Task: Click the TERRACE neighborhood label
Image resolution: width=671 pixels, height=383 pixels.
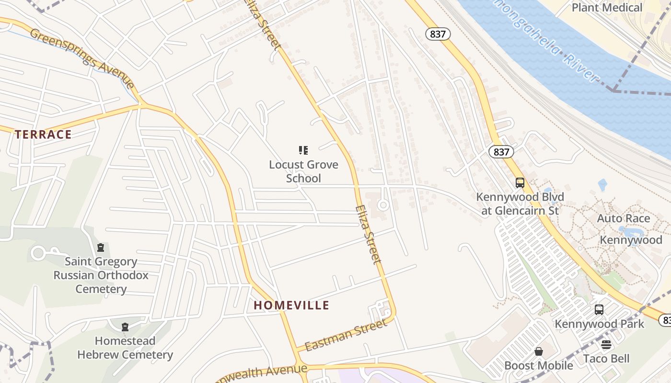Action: (x=43, y=135)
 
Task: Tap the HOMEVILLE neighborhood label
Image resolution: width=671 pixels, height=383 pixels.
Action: (x=291, y=305)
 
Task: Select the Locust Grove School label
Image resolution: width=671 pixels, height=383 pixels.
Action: (x=303, y=171)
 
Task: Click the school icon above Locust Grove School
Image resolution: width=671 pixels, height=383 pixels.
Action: (x=303, y=150)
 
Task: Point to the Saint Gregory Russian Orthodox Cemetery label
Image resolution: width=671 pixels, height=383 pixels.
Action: (x=101, y=275)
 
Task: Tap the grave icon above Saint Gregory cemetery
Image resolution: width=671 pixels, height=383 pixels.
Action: (x=101, y=248)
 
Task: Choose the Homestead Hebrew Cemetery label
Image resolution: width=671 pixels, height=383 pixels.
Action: (x=125, y=348)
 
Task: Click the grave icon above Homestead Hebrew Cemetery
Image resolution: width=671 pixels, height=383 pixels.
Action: (x=125, y=327)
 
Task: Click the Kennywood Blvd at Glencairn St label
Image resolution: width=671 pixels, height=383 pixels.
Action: (x=520, y=203)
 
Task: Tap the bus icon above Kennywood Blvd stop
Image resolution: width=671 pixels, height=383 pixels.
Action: (x=520, y=182)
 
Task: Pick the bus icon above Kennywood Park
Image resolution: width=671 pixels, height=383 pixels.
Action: (x=599, y=309)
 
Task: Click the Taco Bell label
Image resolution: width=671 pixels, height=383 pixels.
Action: (x=606, y=359)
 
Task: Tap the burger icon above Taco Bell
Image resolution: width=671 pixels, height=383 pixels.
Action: (x=606, y=345)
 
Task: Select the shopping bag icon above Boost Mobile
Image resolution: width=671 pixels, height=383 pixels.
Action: (x=539, y=352)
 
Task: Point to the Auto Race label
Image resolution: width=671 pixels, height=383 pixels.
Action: (x=623, y=218)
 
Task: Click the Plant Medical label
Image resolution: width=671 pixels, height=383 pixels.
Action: (x=607, y=8)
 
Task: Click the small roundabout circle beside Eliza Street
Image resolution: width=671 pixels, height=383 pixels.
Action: (x=382, y=205)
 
